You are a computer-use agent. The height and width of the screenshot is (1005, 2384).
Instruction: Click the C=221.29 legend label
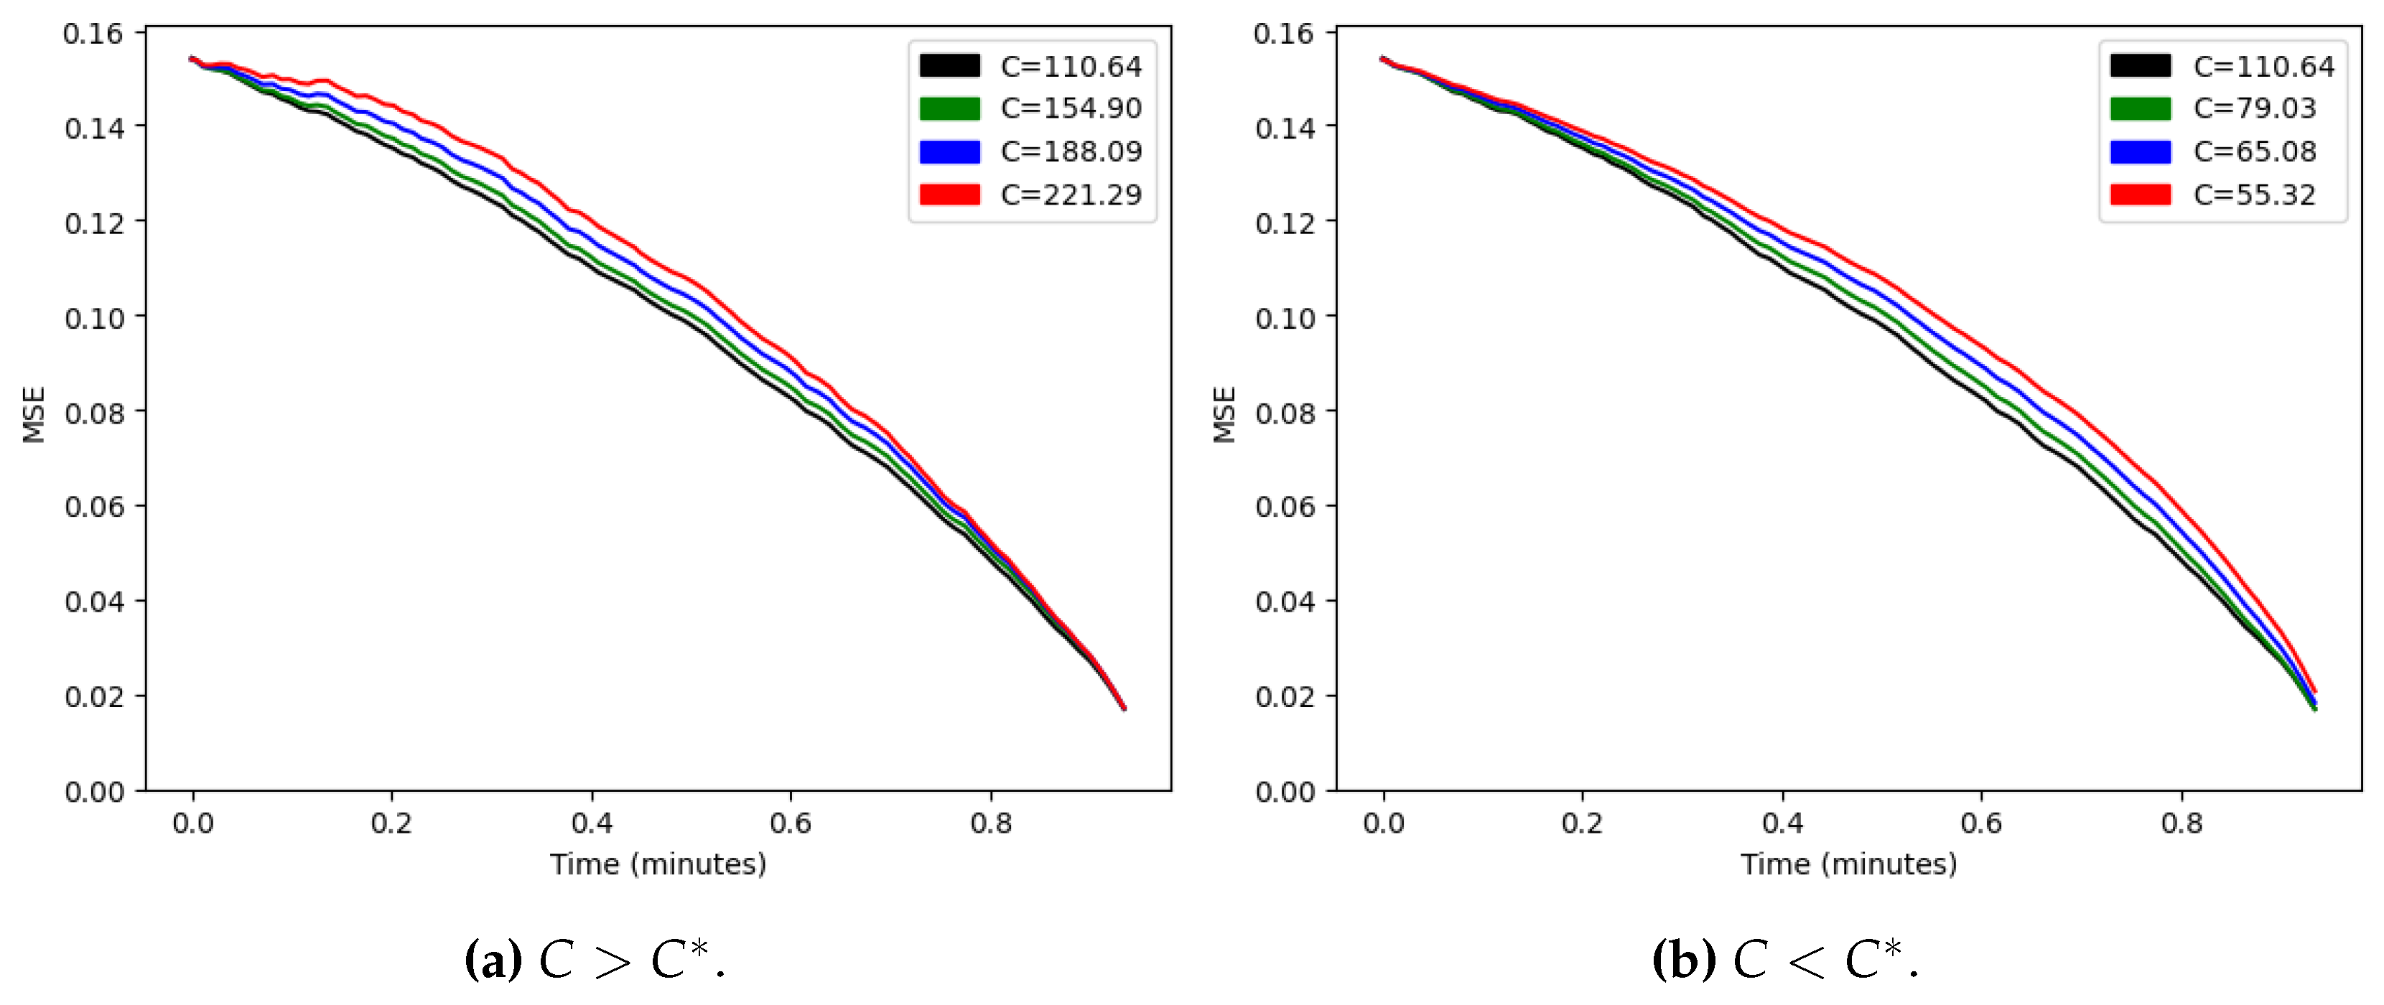[x=1071, y=195]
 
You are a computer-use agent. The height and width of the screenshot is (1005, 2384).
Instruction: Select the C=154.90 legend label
[x=1071, y=108]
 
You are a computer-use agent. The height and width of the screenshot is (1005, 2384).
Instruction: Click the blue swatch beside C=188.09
[x=949, y=151]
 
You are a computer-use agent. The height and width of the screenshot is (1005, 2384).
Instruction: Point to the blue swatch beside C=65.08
[x=2140, y=151]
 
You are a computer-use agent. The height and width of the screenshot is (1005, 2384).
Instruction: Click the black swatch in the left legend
[x=949, y=66]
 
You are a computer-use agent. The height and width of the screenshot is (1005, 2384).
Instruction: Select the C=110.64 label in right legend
[x=2263, y=67]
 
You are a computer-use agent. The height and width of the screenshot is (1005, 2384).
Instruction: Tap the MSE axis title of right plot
[x=1224, y=415]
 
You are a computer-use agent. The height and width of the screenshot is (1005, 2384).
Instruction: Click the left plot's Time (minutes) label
[x=658, y=864]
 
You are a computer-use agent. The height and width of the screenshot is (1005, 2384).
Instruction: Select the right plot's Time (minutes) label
[x=1848, y=864]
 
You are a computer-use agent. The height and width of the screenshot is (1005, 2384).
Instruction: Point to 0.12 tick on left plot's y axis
[x=94, y=223]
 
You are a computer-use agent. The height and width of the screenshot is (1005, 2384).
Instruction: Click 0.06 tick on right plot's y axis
[x=1285, y=507]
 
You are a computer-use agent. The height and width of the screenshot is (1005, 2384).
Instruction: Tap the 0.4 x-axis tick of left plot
[x=592, y=823]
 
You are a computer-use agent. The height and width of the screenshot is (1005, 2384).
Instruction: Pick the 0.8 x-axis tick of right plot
[x=2182, y=823]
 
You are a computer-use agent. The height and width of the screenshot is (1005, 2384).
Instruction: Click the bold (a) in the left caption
[x=493, y=960]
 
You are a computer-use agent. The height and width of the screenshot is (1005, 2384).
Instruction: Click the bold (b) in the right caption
[x=1682, y=960]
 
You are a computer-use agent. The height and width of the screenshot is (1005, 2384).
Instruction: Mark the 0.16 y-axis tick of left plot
[x=93, y=34]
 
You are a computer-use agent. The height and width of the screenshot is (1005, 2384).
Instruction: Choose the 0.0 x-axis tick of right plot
[x=1382, y=823]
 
